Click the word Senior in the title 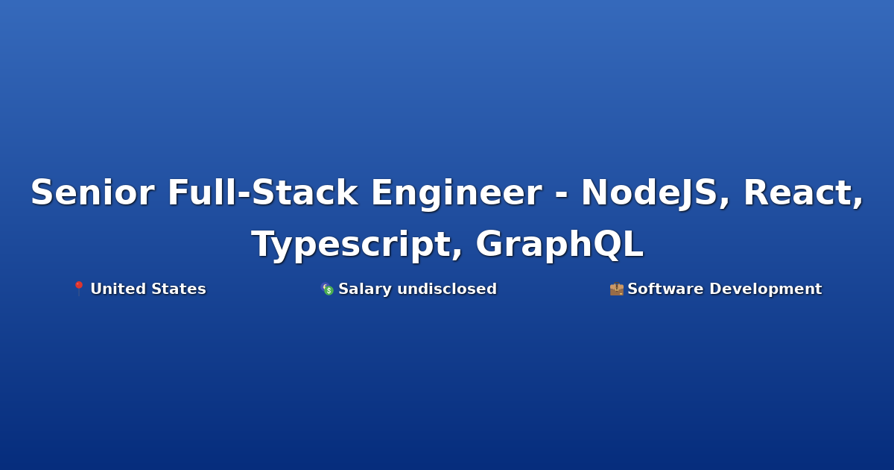92,192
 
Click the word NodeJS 650,193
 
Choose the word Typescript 351,245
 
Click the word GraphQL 559,245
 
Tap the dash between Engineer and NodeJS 561,195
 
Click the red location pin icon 79,289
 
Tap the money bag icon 327,289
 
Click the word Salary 365,289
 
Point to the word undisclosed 447,289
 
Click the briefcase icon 617,289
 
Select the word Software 665,289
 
